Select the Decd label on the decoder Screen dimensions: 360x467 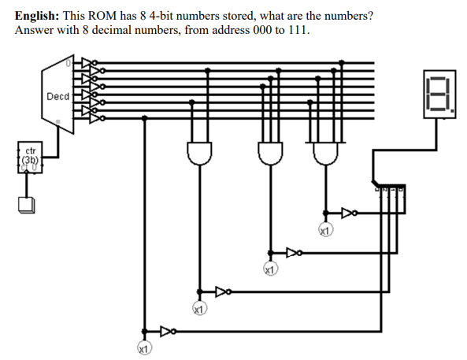(x=57, y=96)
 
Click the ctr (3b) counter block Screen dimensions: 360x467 (x=30, y=156)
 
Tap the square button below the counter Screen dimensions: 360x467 (x=26, y=205)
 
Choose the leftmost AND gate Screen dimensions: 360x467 (x=199, y=151)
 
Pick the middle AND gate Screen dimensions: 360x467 (x=271, y=151)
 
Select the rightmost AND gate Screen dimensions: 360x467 (x=325, y=151)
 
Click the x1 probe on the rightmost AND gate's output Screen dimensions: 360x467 (x=325, y=231)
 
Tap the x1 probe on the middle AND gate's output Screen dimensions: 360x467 (x=270, y=270)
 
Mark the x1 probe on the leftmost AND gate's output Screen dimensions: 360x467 (x=199, y=310)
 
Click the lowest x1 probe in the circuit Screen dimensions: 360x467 (x=143, y=347)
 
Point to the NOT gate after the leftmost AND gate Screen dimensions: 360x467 (x=223, y=291)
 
